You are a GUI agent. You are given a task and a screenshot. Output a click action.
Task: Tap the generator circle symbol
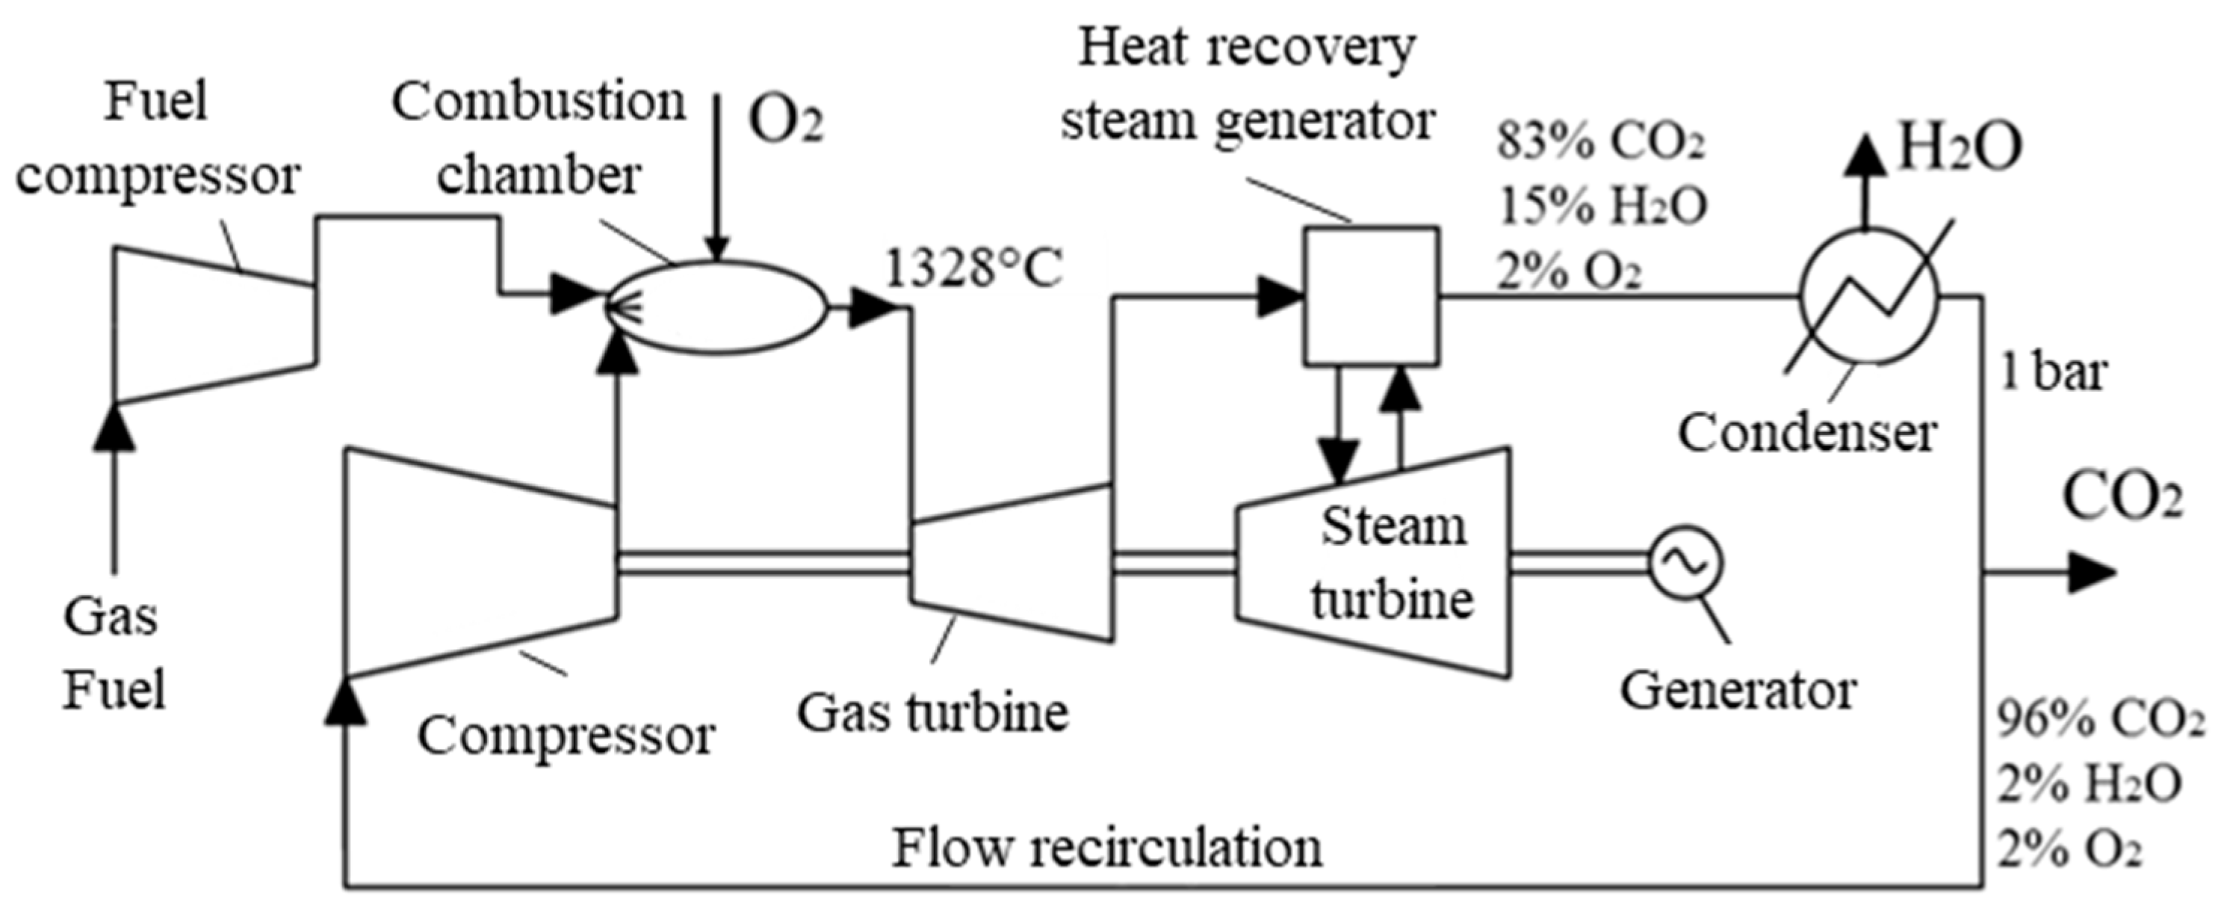1685,563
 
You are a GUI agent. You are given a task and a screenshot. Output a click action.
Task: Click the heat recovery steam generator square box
1371,295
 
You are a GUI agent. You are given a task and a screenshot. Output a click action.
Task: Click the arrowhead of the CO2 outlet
2093,572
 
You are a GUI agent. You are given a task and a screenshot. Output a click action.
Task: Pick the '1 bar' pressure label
2054,373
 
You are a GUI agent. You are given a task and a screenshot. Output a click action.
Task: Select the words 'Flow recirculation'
1107,848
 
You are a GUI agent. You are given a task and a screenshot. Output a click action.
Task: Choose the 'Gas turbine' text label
932,713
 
